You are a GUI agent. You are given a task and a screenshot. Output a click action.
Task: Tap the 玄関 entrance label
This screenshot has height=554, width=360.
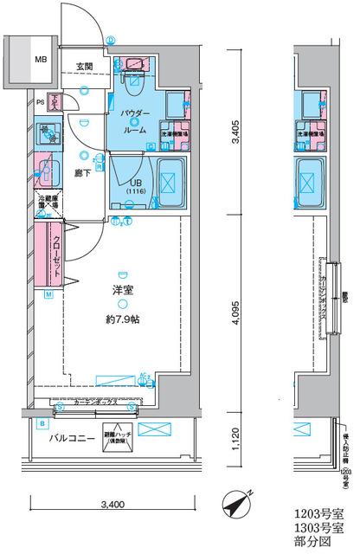point(84,67)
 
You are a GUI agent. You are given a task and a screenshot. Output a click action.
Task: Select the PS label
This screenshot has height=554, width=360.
point(40,103)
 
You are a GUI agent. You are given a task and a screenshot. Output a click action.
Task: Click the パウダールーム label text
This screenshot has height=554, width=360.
point(129,119)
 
